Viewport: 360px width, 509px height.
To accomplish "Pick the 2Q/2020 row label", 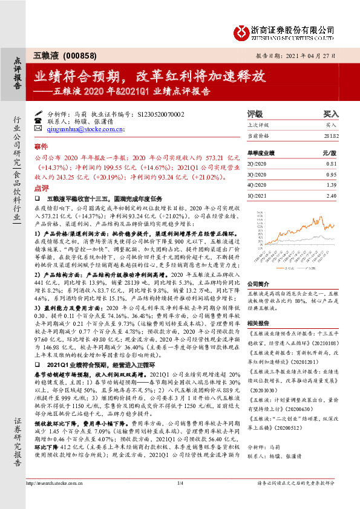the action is pos(258,164).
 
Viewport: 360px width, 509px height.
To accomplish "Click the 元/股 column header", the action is pos(330,154).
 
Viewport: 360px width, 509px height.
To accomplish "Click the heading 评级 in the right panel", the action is pos(255,114).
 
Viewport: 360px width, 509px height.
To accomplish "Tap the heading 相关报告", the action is pos(257,323).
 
